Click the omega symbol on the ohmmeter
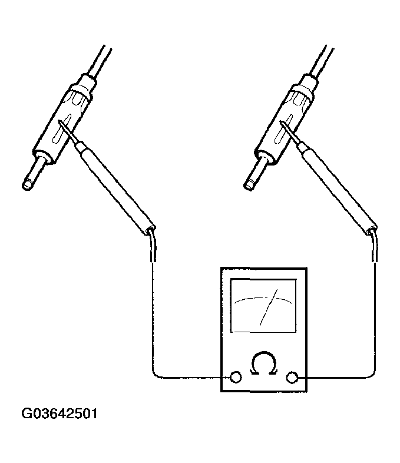[x=263, y=364]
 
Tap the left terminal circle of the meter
[x=236, y=377]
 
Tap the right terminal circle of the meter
[x=292, y=378]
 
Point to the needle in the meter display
[x=269, y=307]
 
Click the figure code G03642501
[x=59, y=414]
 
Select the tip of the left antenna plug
[x=27, y=186]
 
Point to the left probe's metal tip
[x=67, y=131]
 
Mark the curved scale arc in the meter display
[x=263, y=299]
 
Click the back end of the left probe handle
[x=151, y=230]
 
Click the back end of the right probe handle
[x=372, y=230]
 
